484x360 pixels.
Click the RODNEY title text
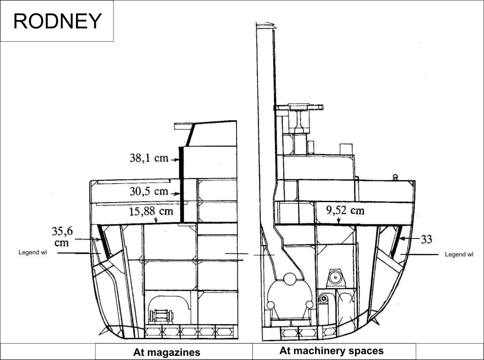[x=58, y=21]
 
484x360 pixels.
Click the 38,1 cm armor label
[x=149, y=158]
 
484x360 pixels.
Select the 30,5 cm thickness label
[x=149, y=191]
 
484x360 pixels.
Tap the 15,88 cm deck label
[x=151, y=211]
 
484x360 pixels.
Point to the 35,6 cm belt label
[x=62, y=237]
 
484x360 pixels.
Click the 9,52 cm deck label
[x=345, y=210]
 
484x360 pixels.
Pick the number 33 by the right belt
[x=426, y=239]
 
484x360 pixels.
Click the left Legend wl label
[x=33, y=253]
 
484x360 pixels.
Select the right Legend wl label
[x=459, y=254]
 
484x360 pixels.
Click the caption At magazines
[x=166, y=352]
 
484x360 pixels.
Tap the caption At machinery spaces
[x=332, y=351]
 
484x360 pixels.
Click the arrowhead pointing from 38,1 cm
[x=177, y=160]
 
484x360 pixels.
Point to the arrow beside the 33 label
[x=409, y=238]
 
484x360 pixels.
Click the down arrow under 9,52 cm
[x=339, y=220]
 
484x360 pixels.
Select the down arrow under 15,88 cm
[x=156, y=220]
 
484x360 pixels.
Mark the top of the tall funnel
[x=265, y=24]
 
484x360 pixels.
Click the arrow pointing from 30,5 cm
[x=175, y=194]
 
